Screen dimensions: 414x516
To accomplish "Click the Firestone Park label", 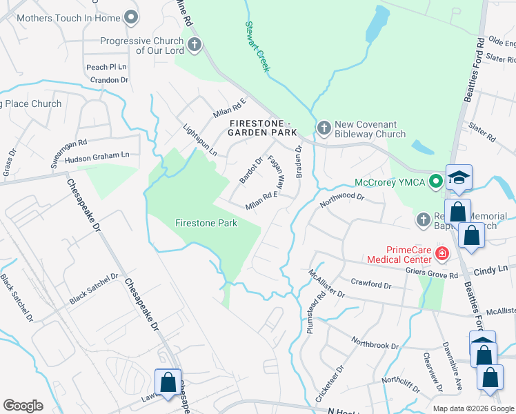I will coord(206,223).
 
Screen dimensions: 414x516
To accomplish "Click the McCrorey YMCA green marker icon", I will coord(435,182).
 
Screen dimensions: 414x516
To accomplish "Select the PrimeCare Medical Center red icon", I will coord(442,254).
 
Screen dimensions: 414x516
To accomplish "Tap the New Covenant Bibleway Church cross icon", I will coord(324,128).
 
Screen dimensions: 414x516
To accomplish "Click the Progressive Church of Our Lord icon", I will coord(194,46).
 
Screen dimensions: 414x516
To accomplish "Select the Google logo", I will coord(23,406).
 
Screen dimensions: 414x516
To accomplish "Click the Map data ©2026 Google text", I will coord(473,408).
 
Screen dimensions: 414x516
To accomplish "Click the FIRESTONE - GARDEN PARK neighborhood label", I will coord(261,128).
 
